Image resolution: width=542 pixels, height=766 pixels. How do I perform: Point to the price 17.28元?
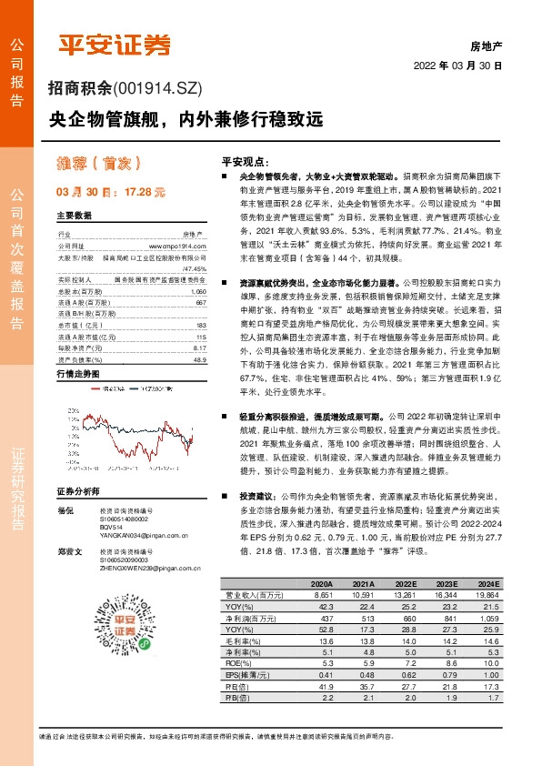145,193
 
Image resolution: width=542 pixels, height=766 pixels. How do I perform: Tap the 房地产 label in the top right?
487,44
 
